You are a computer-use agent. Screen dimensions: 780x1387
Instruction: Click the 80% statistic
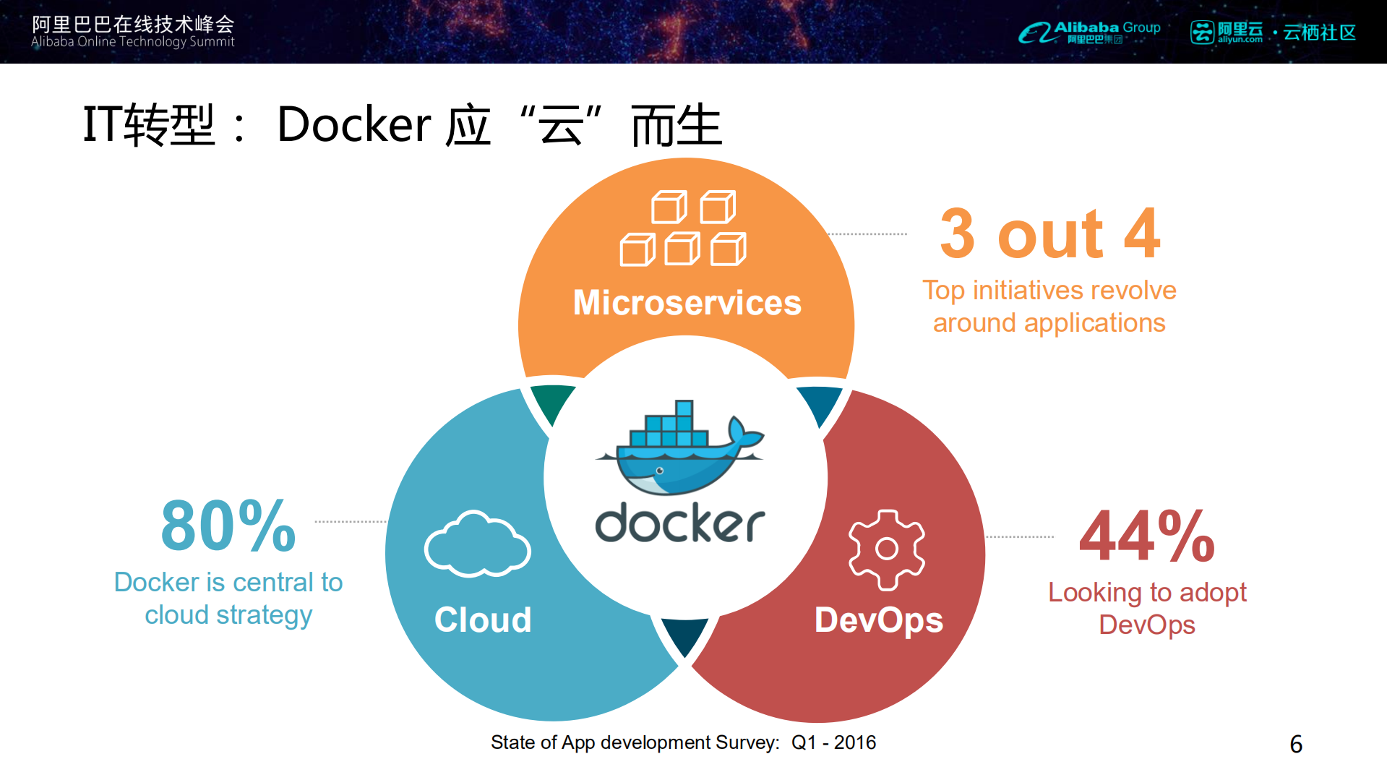(x=228, y=526)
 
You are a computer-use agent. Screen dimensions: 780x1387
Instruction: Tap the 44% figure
(x=1146, y=536)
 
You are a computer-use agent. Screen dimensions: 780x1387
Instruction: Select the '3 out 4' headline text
(x=1049, y=233)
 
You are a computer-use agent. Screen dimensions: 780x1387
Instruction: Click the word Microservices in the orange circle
(x=687, y=302)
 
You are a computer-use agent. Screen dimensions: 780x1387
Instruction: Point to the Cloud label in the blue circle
(x=483, y=620)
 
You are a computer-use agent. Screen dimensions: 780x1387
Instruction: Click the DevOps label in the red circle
(x=878, y=620)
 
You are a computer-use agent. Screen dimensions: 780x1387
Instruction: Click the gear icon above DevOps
(x=886, y=549)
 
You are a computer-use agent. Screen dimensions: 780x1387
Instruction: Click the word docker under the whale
(x=679, y=523)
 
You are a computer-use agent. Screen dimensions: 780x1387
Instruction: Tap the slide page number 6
(x=1296, y=744)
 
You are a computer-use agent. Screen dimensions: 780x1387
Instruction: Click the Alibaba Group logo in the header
(x=1089, y=32)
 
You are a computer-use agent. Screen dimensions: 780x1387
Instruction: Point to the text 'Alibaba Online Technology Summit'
(x=133, y=42)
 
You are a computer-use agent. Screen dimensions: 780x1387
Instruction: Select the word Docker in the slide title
(x=354, y=124)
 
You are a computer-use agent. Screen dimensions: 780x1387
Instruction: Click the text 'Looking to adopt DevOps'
(x=1147, y=608)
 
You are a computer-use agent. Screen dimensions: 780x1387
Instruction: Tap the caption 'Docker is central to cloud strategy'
(x=228, y=599)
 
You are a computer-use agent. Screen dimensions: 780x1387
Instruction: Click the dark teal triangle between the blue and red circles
(x=684, y=634)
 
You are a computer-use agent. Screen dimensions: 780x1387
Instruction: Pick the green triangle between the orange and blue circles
(x=552, y=403)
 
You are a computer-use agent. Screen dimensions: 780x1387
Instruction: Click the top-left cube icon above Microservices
(x=668, y=207)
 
